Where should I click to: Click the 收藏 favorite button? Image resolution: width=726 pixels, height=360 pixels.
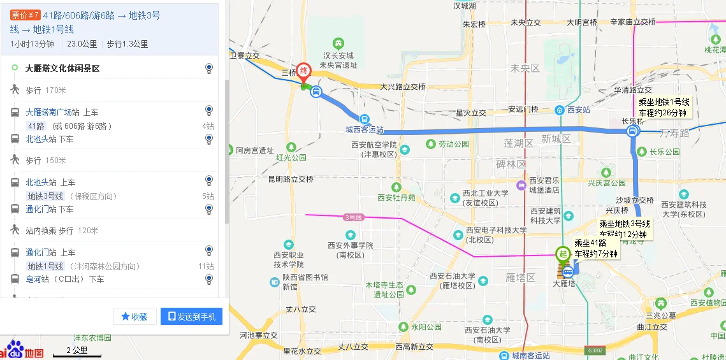click(x=134, y=316)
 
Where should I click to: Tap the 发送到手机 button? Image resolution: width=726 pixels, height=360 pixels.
click(x=191, y=316)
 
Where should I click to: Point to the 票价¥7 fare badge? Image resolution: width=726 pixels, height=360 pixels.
click(x=25, y=15)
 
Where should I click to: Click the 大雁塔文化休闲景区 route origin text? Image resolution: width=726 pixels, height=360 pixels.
click(x=62, y=68)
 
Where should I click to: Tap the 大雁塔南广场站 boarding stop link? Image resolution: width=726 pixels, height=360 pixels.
click(x=53, y=112)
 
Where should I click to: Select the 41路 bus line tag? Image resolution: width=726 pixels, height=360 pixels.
click(x=36, y=126)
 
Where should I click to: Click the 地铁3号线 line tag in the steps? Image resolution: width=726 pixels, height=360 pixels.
click(x=45, y=196)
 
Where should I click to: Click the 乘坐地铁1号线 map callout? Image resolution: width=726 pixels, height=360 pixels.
click(x=664, y=107)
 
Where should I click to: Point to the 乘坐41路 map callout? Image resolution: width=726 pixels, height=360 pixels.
click(x=595, y=248)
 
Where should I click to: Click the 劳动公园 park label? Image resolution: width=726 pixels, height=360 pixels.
click(x=453, y=145)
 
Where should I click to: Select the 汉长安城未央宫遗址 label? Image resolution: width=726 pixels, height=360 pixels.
click(x=338, y=60)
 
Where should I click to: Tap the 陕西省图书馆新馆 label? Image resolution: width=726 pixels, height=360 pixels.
click(x=305, y=282)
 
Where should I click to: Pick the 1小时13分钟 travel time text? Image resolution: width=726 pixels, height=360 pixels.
click(x=33, y=44)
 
